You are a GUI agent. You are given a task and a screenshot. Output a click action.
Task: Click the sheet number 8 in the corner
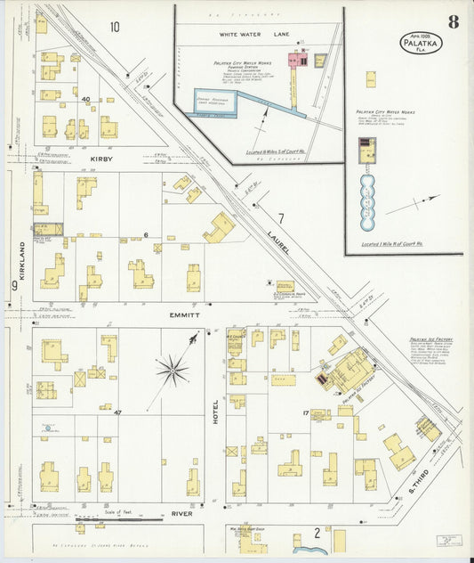coord(454,22)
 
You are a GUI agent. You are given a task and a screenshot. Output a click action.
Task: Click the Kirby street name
coord(101,159)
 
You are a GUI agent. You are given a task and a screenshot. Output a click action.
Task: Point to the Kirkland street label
coord(22,263)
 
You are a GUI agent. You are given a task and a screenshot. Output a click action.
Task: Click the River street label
coord(182,514)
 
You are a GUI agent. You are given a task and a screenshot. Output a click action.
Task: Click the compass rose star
coord(172,368)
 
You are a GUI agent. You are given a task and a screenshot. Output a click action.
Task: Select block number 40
coord(86,100)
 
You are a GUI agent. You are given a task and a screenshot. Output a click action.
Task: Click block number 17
coord(305,412)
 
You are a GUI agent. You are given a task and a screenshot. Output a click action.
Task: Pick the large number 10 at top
coord(113,27)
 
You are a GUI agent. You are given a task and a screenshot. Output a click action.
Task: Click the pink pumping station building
coord(301,61)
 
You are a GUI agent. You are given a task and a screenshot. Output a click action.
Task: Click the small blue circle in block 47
coord(47,428)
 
